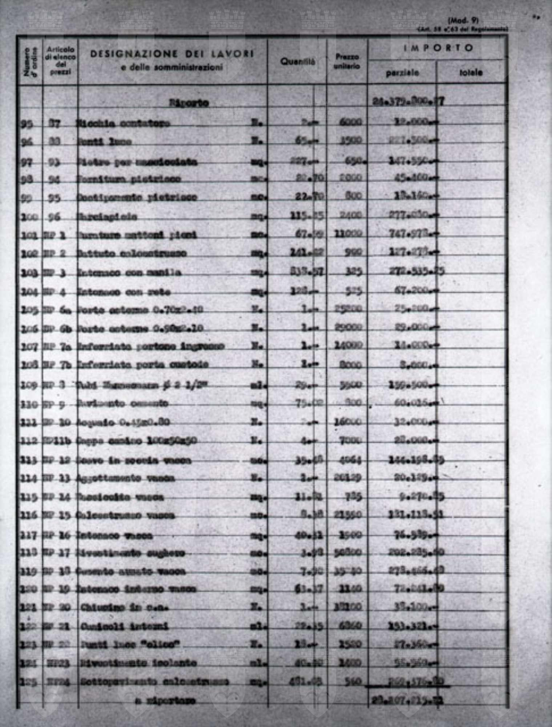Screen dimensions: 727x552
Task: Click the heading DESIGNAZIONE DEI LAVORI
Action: (x=172, y=54)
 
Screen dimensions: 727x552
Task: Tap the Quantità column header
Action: (x=298, y=62)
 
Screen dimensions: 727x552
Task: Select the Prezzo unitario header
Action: (x=347, y=61)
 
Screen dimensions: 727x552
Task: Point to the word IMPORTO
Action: (x=438, y=48)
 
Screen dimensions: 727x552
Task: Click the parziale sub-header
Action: (x=402, y=73)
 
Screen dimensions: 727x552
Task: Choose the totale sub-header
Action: (x=471, y=73)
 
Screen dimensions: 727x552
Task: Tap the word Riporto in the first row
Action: (x=189, y=103)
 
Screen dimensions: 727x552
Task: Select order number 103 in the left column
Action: (x=29, y=273)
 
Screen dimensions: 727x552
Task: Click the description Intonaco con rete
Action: (x=124, y=292)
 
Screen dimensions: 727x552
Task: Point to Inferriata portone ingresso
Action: (x=151, y=346)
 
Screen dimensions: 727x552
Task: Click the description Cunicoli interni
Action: (x=125, y=626)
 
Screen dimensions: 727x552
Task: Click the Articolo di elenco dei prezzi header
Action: (x=60, y=61)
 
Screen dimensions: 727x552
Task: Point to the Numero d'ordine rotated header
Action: (x=30, y=62)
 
